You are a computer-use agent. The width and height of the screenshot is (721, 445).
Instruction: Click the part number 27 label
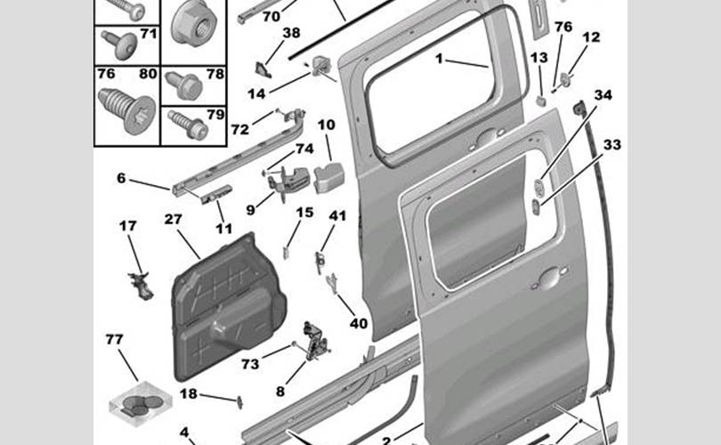pyautogui.click(x=173, y=219)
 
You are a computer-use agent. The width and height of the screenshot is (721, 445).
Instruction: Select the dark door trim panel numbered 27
pyautogui.click(x=230, y=307)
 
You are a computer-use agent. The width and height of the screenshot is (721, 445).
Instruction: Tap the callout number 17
pyautogui.click(x=128, y=226)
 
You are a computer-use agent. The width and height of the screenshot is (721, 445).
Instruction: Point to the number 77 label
pyautogui.click(x=114, y=339)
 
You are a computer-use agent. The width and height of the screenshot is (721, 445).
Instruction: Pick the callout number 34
pyautogui.click(x=604, y=95)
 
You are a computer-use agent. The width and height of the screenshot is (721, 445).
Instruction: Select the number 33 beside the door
pyautogui.click(x=612, y=144)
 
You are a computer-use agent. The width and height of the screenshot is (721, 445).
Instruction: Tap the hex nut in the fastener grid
pyautogui.click(x=193, y=21)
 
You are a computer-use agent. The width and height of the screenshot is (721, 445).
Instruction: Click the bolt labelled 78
pyautogui.click(x=185, y=85)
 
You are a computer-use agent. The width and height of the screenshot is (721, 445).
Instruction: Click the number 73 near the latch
pyautogui.click(x=250, y=363)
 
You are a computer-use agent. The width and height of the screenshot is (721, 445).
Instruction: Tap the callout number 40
pyautogui.click(x=358, y=324)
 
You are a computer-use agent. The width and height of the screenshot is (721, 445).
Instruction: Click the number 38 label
pyautogui.click(x=291, y=33)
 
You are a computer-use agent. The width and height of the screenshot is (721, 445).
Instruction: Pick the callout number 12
pyautogui.click(x=592, y=37)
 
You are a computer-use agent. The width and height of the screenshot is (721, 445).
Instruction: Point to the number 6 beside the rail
pyautogui.click(x=121, y=178)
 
